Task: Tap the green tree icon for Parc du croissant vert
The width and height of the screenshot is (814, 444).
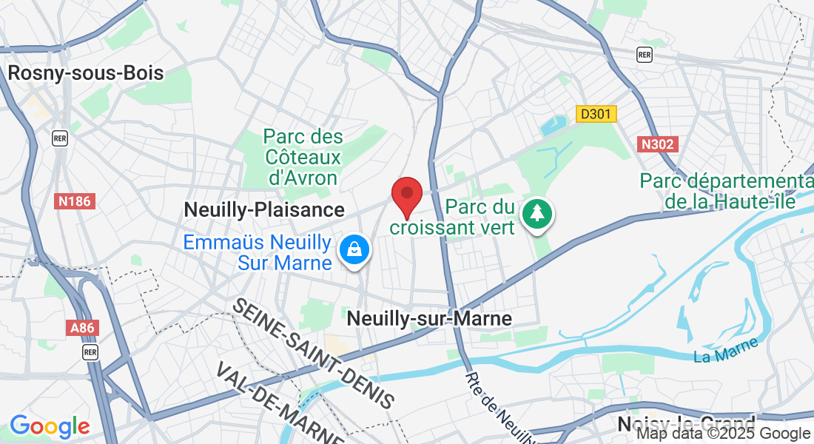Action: click(x=539, y=214)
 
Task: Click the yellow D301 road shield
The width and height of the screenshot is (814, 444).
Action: click(x=596, y=114)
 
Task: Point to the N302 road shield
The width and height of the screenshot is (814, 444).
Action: click(x=657, y=144)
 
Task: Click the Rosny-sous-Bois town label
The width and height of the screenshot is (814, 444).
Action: click(x=85, y=73)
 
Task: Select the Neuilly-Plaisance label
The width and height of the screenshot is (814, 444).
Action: click(x=264, y=210)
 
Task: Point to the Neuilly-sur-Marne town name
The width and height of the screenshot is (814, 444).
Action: click(x=429, y=319)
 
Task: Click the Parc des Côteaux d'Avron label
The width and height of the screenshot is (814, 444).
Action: click(x=303, y=157)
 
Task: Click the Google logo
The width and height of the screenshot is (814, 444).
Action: click(x=50, y=426)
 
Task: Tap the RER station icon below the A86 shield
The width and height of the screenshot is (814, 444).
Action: click(x=90, y=351)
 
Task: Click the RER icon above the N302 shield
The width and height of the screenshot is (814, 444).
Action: click(x=645, y=55)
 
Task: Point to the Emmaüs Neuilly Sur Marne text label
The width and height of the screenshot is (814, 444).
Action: click(x=258, y=252)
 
